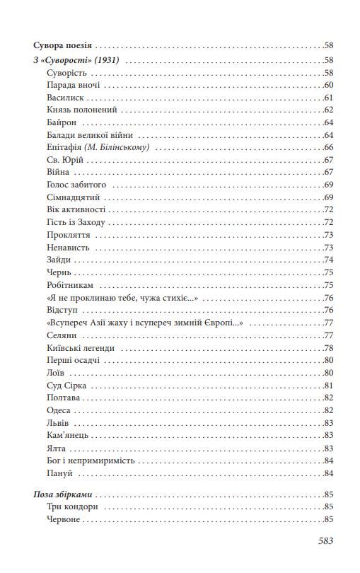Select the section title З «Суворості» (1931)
76,60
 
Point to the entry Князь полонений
80,110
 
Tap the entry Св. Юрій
62,160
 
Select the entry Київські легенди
79,348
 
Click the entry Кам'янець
68,435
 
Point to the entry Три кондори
71,507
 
